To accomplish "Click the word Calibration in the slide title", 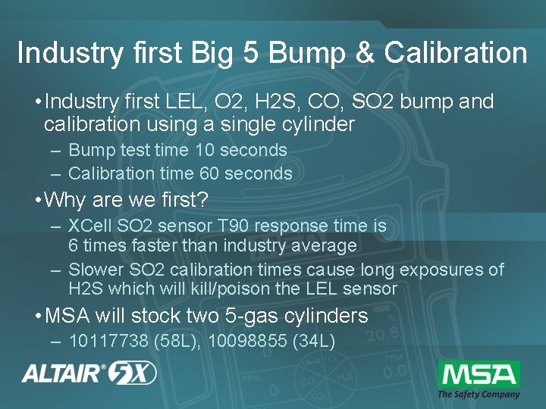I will click(x=456, y=54).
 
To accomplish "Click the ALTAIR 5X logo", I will click(x=89, y=373).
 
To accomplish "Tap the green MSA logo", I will click(x=479, y=374).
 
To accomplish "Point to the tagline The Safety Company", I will click(x=479, y=394).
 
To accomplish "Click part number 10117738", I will click(x=108, y=341).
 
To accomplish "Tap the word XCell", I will click(x=89, y=226).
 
